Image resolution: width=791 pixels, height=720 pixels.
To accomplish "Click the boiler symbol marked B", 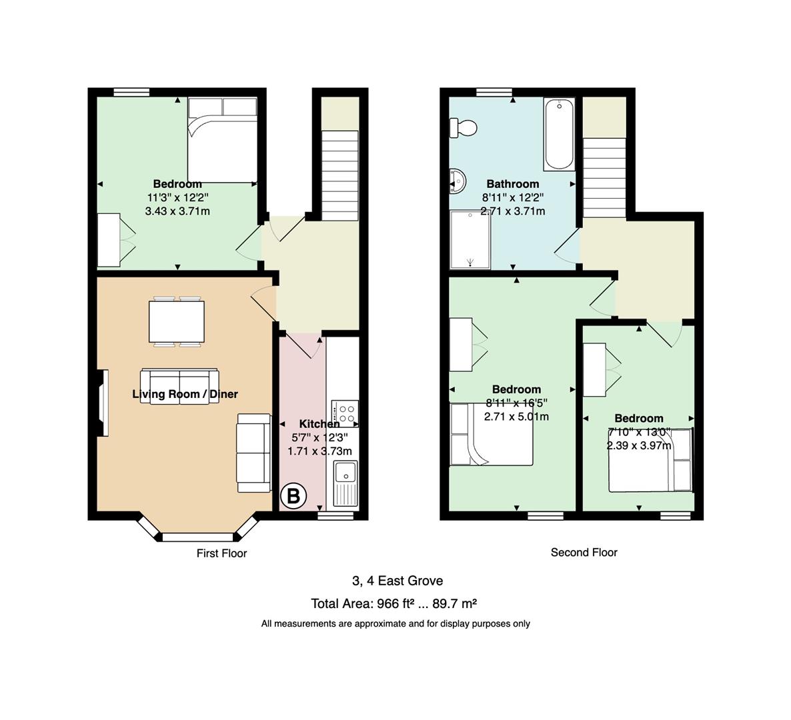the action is click(293, 495).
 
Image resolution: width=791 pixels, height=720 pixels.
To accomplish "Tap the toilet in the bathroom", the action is click(463, 127).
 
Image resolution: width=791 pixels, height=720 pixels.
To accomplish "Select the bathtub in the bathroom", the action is click(559, 134).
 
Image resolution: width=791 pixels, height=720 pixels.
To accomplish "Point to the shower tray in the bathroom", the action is click(470, 239).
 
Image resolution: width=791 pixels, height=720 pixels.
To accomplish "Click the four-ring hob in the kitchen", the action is click(345, 413).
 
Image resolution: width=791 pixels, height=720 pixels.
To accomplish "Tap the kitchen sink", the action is click(345, 483).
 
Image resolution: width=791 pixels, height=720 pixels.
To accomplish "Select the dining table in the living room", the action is click(177, 322).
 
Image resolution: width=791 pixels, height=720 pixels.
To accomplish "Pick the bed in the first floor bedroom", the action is click(223, 139).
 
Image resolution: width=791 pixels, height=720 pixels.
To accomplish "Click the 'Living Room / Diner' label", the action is click(185, 394).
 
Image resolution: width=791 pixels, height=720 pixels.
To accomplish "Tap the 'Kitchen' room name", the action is click(319, 424).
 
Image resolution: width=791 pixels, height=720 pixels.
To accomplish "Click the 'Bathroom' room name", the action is click(512, 184).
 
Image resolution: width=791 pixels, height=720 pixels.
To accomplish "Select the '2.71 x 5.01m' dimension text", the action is click(516, 417).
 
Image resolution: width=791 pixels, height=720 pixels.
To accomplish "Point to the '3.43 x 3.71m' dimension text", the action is click(177, 211).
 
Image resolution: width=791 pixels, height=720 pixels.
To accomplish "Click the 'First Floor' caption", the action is click(221, 553).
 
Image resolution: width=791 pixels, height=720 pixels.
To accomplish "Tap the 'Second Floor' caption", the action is click(584, 552).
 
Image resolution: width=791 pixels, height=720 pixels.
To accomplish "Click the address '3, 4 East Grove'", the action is click(398, 581).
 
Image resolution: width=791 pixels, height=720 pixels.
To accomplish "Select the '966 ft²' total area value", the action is click(395, 603).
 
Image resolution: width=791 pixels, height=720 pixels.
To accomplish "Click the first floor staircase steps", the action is click(340, 175).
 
